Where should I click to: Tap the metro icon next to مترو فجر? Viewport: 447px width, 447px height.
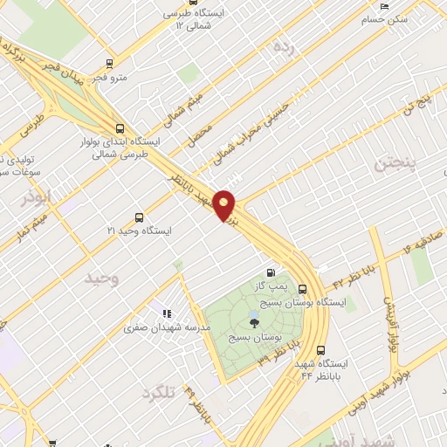[x=109, y=63]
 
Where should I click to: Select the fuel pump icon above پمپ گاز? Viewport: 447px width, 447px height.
[x=279, y=273]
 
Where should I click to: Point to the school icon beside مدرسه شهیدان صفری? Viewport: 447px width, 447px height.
[x=165, y=314]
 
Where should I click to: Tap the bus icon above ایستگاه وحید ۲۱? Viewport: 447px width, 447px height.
[x=139, y=217]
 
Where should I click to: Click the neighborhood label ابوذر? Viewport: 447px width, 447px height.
[x=38, y=197]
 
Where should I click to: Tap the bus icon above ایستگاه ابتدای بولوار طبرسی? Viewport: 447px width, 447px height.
[x=120, y=127]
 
